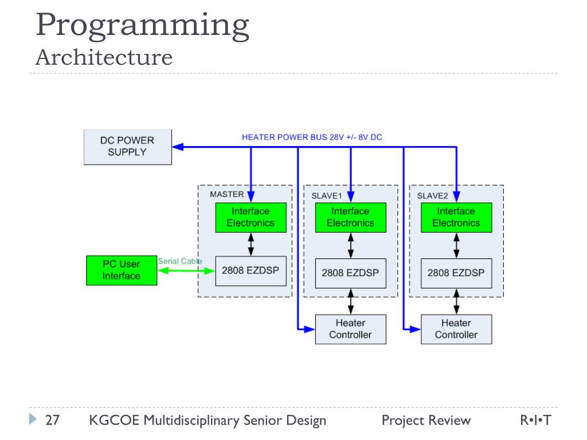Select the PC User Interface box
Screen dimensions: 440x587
121,270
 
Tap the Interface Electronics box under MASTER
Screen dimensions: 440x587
251,217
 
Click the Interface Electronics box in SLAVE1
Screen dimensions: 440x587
350,217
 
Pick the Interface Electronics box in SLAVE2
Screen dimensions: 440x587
456,217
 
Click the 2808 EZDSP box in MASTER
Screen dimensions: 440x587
250,270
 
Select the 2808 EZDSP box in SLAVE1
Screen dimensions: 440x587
350,273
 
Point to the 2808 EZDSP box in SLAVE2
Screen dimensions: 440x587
456,273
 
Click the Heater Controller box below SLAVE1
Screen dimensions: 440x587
350,329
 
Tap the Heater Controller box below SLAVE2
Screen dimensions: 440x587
456,329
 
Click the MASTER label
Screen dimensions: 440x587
226,194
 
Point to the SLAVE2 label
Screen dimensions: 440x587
432,195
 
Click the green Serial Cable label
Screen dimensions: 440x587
179,261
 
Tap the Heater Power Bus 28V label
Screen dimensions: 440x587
312,137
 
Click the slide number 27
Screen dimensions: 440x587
53,421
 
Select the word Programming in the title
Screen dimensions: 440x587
143,26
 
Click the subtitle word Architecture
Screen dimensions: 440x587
104,57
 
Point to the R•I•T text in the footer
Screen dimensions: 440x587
535,421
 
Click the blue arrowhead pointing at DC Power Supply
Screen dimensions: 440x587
178,147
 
